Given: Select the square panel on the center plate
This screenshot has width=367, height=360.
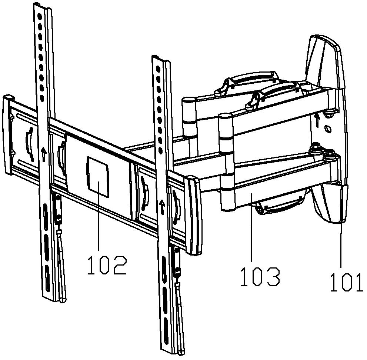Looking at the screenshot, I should click(98, 176).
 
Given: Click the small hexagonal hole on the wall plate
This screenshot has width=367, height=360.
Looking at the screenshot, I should click(327, 129).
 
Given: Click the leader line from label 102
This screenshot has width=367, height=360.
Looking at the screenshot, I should click(98, 222).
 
